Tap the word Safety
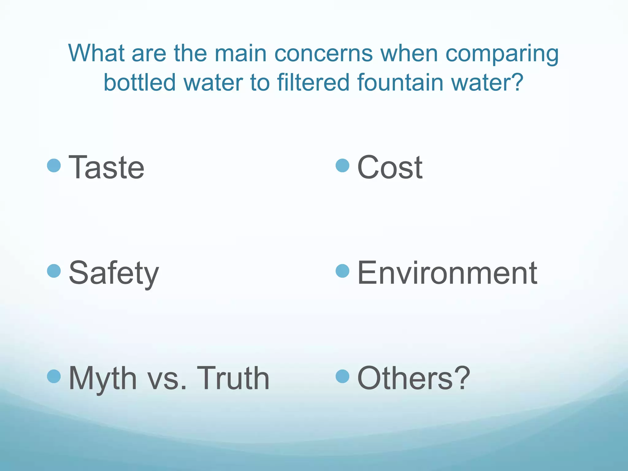(x=114, y=273)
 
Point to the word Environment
(x=447, y=273)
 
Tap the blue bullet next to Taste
(x=54, y=166)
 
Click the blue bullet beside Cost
(x=343, y=166)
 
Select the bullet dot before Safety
(x=54, y=271)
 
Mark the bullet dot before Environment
(x=343, y=271)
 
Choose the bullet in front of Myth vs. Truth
(x=54, y=376)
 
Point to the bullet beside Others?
(x=343, y=376)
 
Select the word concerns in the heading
(x=323, y=53)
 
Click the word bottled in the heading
(x=140, y=82)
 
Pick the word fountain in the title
(x=400, y=82)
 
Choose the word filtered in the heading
(x=313, y=82)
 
